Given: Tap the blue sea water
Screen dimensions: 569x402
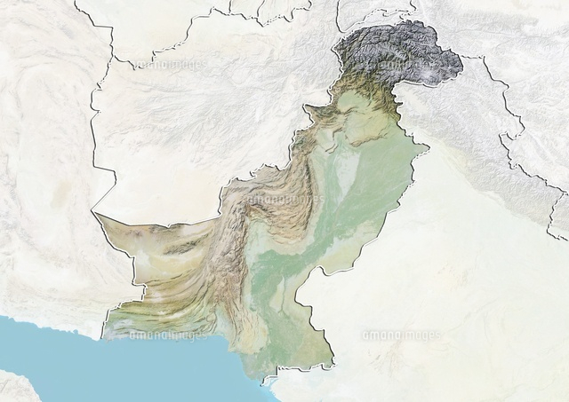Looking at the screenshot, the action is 133,364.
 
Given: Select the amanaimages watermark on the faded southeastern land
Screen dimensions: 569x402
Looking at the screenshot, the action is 400,335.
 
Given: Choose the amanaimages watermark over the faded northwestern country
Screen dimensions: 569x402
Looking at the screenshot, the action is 168,64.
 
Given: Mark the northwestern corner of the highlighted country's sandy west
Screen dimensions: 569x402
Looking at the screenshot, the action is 92,213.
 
